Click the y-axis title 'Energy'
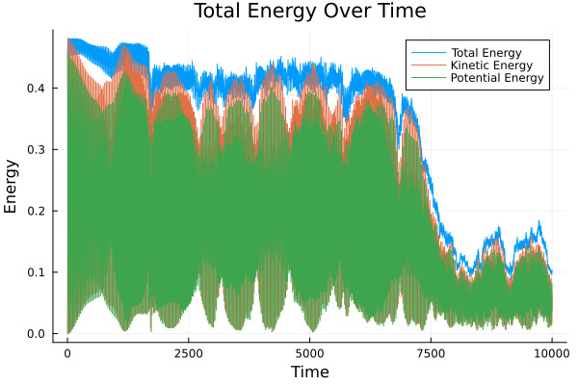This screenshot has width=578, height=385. click(12, 188)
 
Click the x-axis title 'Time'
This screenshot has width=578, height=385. click(309, 372)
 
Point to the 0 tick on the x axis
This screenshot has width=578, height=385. click(67, 352)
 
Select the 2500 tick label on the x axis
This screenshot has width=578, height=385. click(189, 352)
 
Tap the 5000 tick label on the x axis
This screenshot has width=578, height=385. click(309, 352)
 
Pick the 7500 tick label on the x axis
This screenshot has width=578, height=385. click(431, 352)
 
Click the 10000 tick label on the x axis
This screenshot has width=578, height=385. click(551, 352)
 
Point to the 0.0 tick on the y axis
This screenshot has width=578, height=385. click(37, 334)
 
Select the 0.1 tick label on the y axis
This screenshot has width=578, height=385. click(37, 272)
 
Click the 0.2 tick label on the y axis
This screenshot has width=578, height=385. click(37, 211)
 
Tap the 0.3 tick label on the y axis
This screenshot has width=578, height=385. click(37, 149)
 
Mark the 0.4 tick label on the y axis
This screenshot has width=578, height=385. click(37, 88)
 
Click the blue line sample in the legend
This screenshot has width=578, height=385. click(422, 50)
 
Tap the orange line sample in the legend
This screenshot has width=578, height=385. click(422, 64)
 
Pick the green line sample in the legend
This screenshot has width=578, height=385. click(422, 78)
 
